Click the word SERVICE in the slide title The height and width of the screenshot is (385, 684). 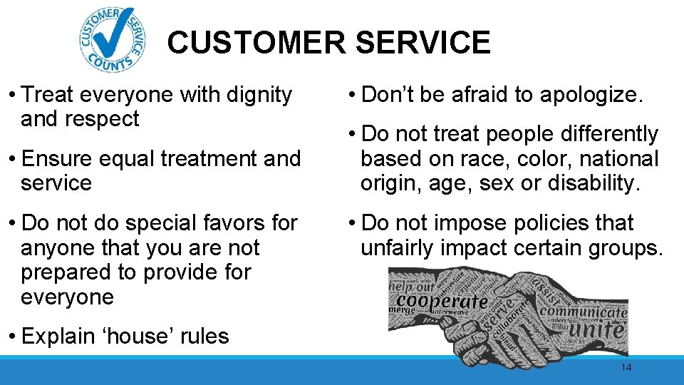[423, 43]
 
